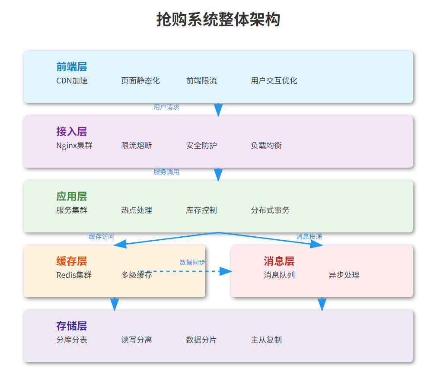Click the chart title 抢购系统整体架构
218,20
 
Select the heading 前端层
71,67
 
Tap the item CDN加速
72,81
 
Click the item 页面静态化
140,81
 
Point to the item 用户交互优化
274,81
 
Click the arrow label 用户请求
166,107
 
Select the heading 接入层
71,132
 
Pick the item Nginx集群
74,146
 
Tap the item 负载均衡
266,146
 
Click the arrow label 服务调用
166,172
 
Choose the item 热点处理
137,210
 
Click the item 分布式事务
270,210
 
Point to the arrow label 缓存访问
102,237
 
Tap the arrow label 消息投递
309,237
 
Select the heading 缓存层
71,261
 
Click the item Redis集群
74,275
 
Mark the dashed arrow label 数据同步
192,262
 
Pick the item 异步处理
344,275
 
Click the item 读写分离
137,340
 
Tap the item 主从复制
266,340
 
